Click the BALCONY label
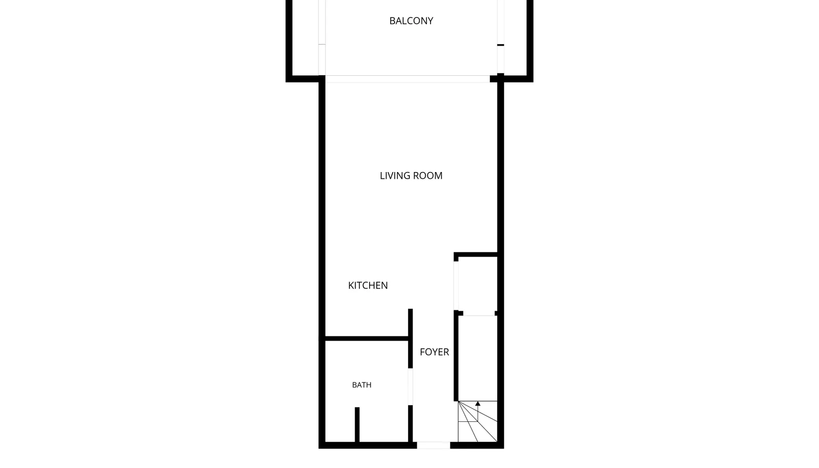(411, 21)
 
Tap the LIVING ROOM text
(411, 176)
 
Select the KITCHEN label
(368, 286)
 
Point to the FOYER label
(435, 352)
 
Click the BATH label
(361, 385)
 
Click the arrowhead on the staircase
(478, 403)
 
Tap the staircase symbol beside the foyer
(478, 421)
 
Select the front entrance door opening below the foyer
(433, 445)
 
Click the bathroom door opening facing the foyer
(410, 387)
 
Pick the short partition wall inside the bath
(357, 425)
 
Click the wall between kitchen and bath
(367, 338)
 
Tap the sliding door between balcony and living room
(407, 79)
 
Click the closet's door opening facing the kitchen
(456, 286)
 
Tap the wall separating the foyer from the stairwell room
(456, 356)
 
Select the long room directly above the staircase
(478, 358)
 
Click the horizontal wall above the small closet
(476, 254)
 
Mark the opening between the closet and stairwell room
(479, 313)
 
